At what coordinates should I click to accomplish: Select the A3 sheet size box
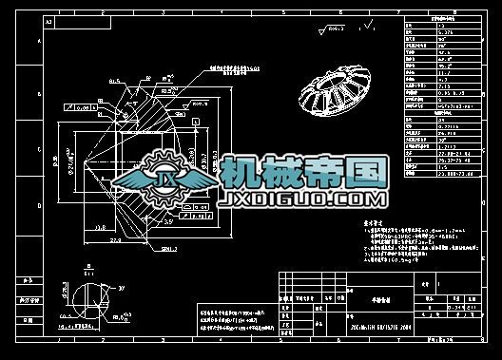click(49, 19)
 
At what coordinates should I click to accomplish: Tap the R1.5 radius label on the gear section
click(115, 82)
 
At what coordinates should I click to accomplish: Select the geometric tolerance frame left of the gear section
click(82, 109)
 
